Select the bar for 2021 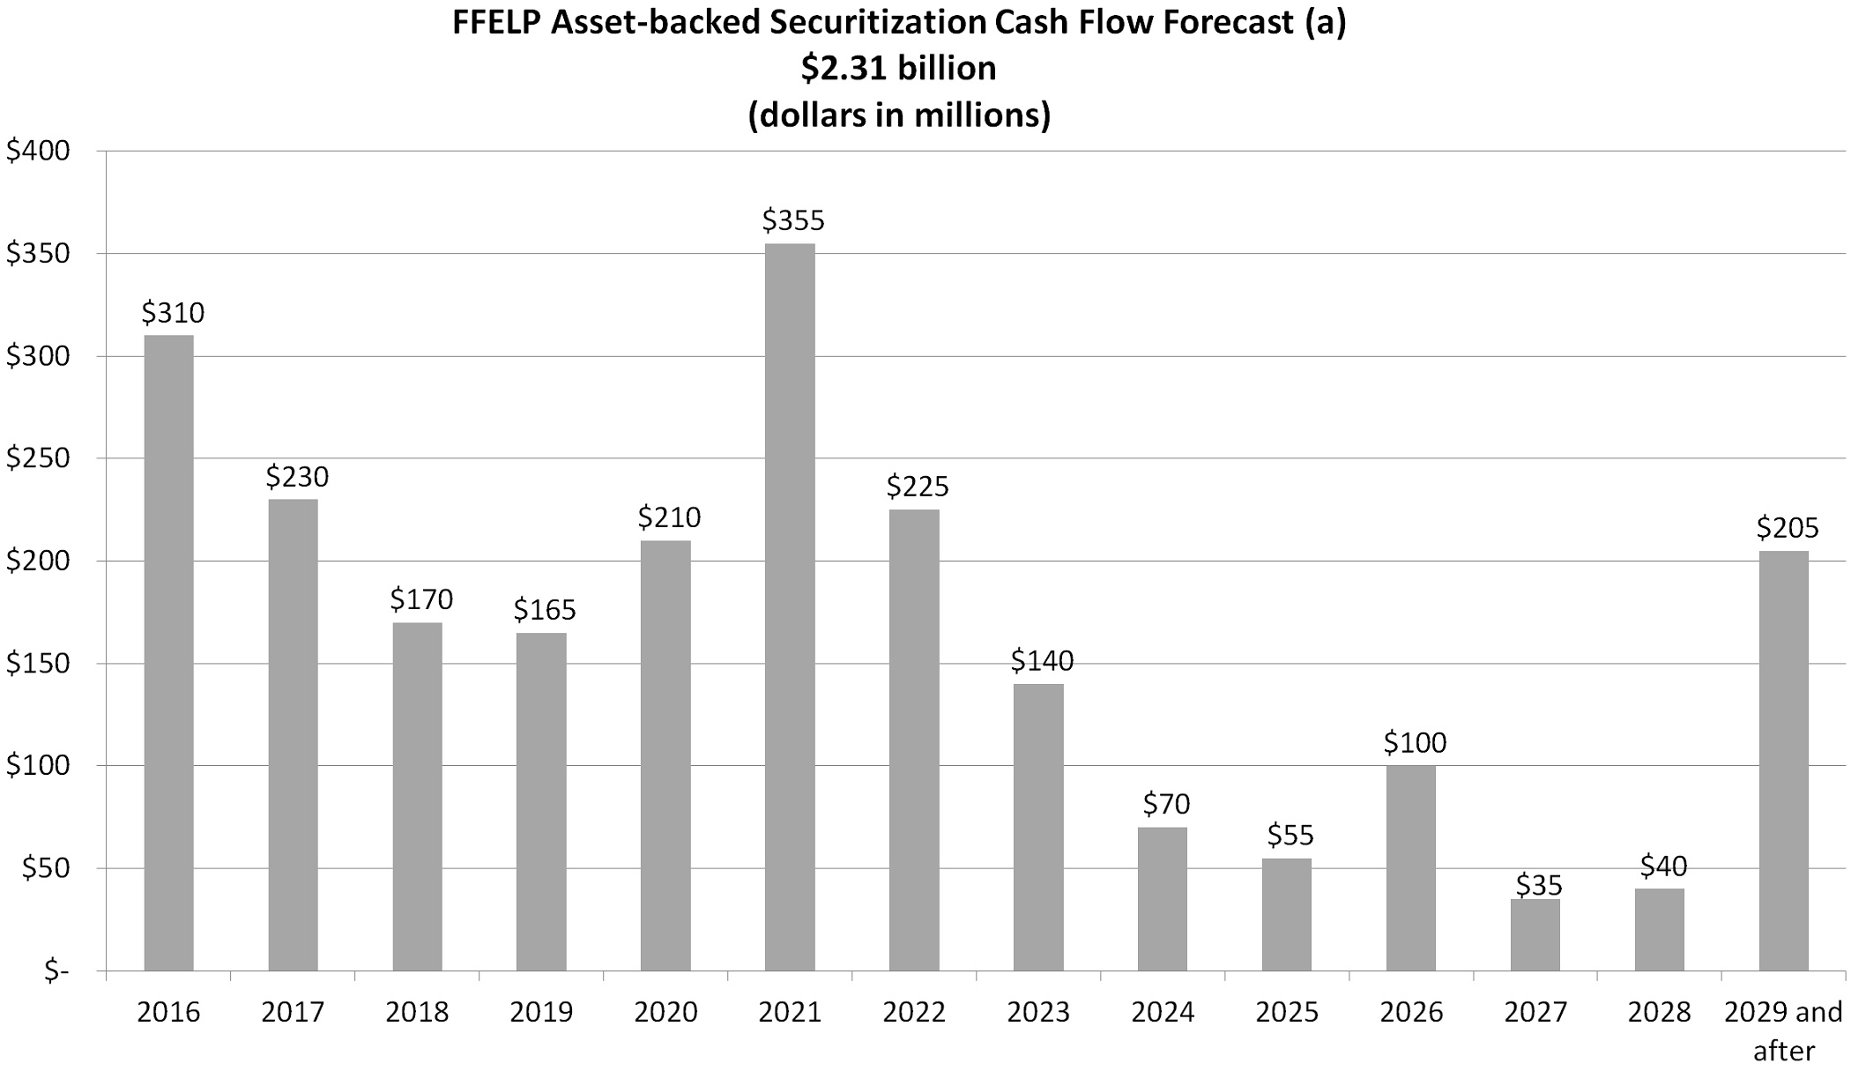790,607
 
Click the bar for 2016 168,653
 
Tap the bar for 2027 1535,935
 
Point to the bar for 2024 1162,899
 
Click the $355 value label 793,219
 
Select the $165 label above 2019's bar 545,609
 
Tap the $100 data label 1415,742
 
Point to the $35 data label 1539,884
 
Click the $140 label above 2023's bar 1042,660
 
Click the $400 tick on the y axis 38,151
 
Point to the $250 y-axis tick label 38,458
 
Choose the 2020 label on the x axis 665,1012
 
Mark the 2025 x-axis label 1287,1012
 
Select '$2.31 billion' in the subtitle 898,68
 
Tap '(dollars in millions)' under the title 899,115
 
